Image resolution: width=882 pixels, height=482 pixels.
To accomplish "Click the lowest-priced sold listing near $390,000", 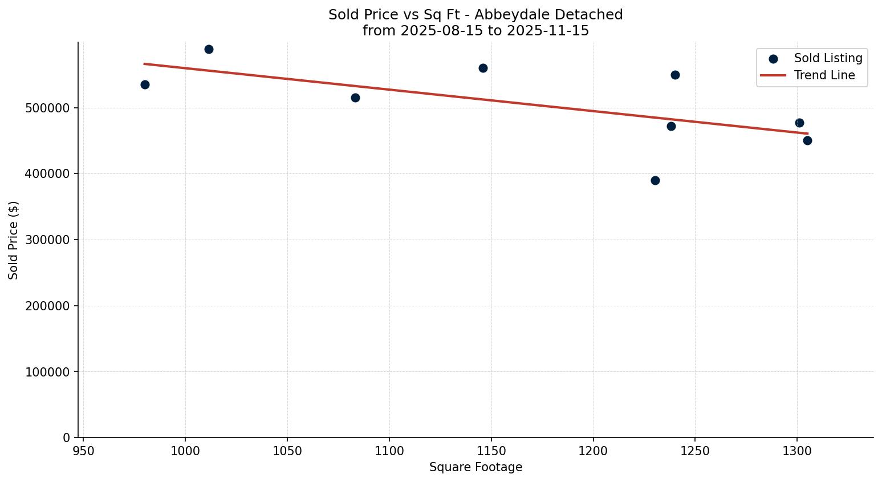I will tap(655, 180).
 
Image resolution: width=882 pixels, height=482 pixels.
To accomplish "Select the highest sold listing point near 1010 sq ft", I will tap(209, 49).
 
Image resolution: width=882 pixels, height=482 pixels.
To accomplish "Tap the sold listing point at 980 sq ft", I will tap(145, 84).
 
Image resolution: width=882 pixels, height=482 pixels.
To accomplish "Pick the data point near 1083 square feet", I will tap(355, 98).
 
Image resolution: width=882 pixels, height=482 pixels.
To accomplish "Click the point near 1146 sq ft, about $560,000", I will tap(483, 68).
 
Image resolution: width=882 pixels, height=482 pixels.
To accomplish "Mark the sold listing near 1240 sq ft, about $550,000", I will tap(675, 75).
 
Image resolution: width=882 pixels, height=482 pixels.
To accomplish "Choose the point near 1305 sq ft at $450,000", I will tap(807, 140).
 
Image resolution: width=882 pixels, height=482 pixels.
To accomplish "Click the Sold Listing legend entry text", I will tap(828, 58).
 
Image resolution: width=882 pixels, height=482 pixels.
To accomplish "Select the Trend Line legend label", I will tap(824, 75).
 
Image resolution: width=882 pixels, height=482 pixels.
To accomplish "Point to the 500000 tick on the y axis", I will tap(48, 108).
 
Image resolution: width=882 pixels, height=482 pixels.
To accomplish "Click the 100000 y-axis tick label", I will tap(48, 372).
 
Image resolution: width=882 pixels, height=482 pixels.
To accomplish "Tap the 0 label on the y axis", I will tap(66, 438).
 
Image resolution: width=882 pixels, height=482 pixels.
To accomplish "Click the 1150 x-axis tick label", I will tap(491, 451).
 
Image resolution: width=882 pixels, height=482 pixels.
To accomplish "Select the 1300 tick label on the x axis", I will tap(796, 451).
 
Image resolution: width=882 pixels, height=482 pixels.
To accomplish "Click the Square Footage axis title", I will tap(475, 467).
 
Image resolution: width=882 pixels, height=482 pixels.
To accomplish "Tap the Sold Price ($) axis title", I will tap(13, 240).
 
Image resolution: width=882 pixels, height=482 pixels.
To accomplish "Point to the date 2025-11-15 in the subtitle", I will tap(547, 31).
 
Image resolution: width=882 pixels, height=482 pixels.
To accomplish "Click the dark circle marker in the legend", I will tap(773, 59).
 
